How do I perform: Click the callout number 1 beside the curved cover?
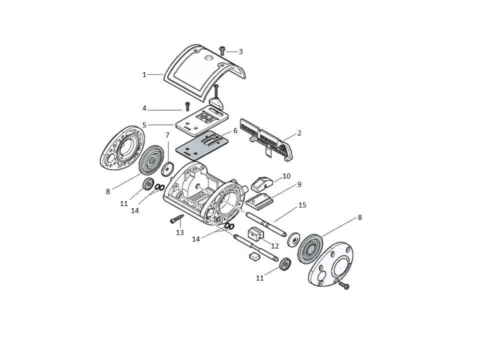click(144, 74)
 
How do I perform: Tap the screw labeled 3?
click(222, 50)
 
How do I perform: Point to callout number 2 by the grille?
click(299, 133)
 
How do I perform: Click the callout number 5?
click(144, 125)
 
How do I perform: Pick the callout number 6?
click(235, 130)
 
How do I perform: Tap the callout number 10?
click(286, 176)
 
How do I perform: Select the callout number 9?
click(299, 184)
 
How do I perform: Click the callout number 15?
click(302, 205)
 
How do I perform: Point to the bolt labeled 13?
click(176, 219)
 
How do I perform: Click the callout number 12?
click(275, 246)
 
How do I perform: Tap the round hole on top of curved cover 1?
click(209, 58)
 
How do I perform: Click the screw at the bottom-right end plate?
click(344, 285)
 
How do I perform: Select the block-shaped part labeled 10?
click(261, 182)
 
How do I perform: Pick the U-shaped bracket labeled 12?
click(255, 234)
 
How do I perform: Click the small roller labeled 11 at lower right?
click(285, 264)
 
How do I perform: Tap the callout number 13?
click(180, 232)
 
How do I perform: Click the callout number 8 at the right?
click(359, 217)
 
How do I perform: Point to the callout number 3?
click(241, 51)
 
